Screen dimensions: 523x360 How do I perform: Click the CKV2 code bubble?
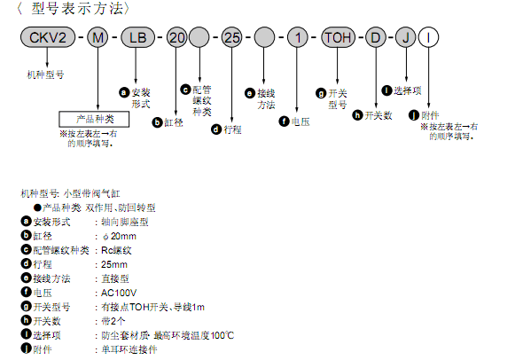(48, 37)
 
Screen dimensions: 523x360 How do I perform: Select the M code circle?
(98, 37)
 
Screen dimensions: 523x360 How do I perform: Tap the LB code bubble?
(137, 37)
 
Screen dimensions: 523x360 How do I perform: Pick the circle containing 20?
(176, 37)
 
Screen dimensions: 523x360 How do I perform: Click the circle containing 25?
(232, 37)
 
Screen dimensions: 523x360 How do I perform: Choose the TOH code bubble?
(338, 37)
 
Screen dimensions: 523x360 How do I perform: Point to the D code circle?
(376, 37)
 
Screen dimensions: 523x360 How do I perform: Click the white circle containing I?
(428, 37)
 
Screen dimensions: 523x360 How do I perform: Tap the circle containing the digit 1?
(298, 37)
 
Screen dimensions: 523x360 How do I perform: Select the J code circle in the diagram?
(406, 37)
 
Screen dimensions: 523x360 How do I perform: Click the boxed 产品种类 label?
(94, 119)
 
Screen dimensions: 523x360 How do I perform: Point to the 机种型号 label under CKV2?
(45, 74)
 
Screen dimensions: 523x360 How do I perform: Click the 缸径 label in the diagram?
(174, 122)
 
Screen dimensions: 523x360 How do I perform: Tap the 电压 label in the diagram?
(301, 121)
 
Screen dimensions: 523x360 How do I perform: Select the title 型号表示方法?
(77, 8)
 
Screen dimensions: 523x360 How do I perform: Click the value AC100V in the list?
(119, 293)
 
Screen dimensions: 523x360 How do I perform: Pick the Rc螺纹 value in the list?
(116, 250)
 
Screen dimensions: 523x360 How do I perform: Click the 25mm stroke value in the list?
(114, 264)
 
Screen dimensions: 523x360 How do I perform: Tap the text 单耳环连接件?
(129, 349)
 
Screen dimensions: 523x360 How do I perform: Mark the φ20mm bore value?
(119, 236)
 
